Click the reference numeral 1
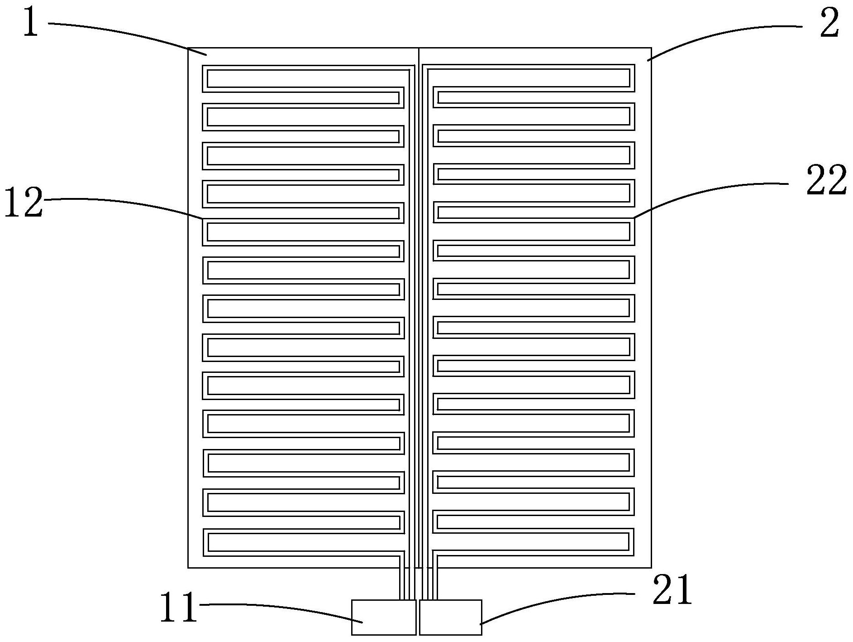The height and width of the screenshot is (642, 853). pos(30,22)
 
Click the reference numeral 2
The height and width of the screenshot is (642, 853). pos(829,24)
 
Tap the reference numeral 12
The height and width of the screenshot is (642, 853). pos(24,203)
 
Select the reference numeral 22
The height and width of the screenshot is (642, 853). pos(826,180)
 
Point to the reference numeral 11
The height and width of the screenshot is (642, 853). pos(179,607)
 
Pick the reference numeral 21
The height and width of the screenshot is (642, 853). pos(672,590)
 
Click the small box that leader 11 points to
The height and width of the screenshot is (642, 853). pos(383,617)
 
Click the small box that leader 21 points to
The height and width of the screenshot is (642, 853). pos(450,617)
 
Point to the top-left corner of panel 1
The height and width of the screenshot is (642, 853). pos(188,48)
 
